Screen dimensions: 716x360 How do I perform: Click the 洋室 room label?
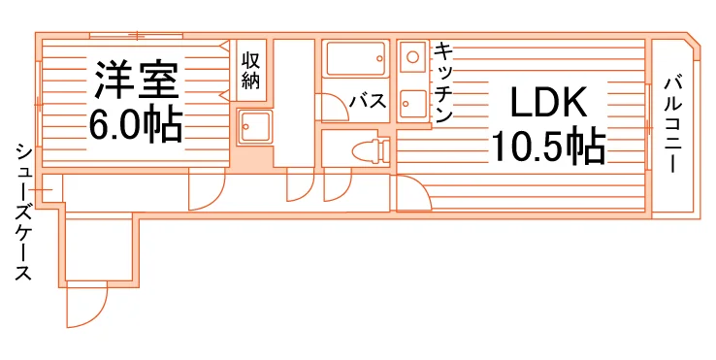pos(136,81)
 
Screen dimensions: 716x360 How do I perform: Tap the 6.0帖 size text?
pos(136,125)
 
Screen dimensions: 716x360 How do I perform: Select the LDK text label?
pos(548,102)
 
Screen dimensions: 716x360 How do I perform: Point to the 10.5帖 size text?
pos(548,147)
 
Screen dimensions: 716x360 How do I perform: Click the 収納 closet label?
pos(250,71)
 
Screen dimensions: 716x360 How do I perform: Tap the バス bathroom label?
pos(368,101)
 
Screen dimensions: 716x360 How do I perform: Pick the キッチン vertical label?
pos(442,82)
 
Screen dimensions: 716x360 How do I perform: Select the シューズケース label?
pos(24,212)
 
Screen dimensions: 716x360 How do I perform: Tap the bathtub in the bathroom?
pos(356,58)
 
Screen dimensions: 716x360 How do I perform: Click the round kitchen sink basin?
pos(412,57)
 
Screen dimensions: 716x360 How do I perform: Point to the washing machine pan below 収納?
pos(254,127)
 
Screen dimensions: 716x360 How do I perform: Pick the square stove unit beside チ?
pos(412,104)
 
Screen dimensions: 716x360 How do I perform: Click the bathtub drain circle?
pos(379,58)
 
